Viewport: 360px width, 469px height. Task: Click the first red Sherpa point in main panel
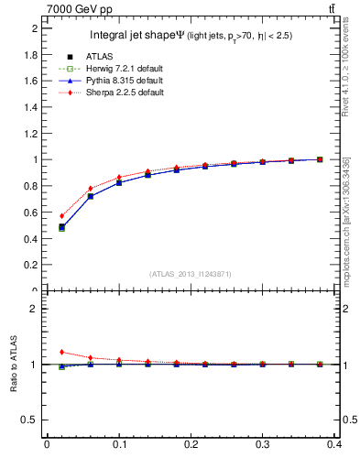(x=61, y=216)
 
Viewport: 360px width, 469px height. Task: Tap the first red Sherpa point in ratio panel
(x=61, y=352)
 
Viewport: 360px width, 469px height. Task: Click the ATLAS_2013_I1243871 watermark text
(x=191, y=274)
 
